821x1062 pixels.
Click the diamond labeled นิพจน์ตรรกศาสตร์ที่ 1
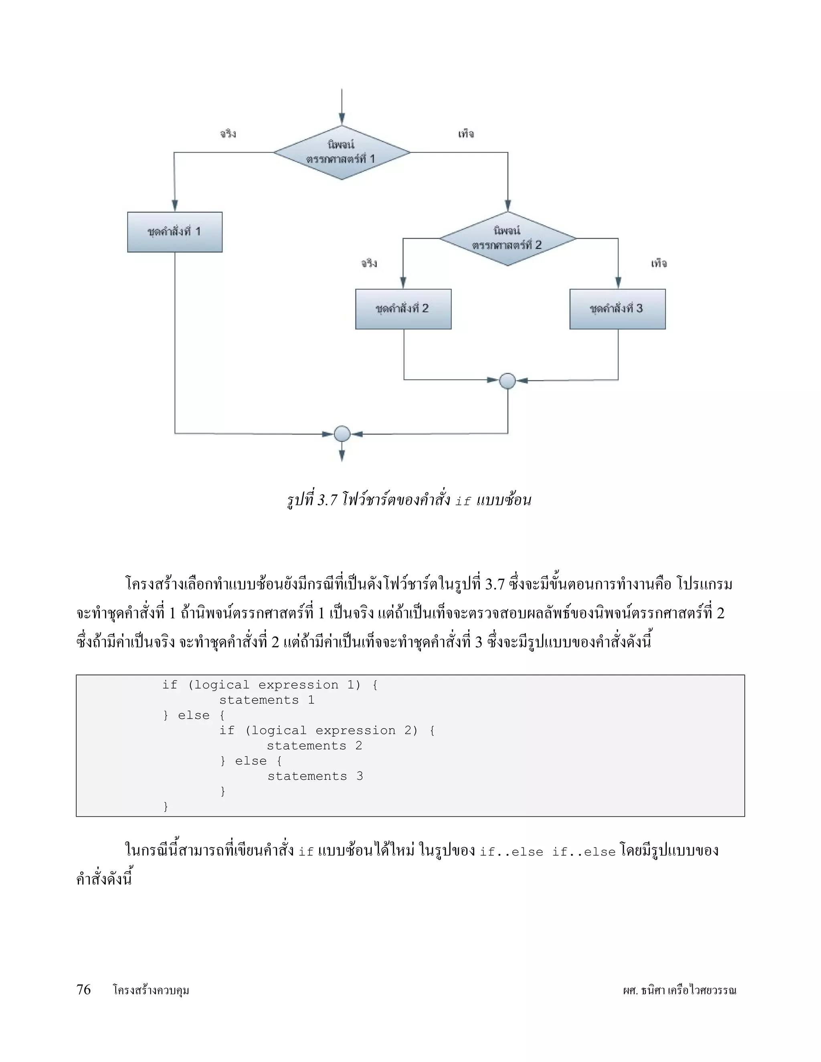click(342, 152)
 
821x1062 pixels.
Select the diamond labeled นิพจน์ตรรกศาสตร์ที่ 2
click(507, 238)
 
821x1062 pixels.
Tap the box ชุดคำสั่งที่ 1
click(175, 232)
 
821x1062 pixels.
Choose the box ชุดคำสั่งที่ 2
click(403, 309)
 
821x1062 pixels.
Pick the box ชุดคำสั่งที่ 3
click(617, 309)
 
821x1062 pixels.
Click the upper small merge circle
click(507, 381)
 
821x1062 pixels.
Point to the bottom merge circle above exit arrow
click(342, 433)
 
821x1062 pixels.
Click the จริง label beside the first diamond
click(228, 133)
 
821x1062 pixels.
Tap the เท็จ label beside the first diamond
click(465, 133)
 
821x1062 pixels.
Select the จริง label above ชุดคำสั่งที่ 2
click(369, 263)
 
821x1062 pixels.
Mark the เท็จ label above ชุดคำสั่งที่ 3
click(659, 263)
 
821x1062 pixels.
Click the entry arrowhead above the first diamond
click(342, 119)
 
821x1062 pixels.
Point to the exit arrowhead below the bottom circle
click(342, 455)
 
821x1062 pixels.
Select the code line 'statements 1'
click(267, 700)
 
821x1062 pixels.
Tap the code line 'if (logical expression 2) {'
click(327, 730)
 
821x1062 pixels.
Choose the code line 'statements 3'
click(315, 776)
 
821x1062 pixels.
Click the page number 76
click(84, 989)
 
